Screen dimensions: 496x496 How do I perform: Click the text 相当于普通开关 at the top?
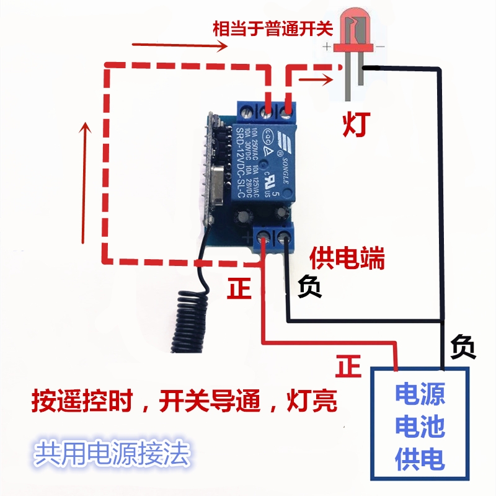coord(273,29)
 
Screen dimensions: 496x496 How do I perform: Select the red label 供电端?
coord(347,258)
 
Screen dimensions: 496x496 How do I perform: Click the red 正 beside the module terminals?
coord(240,288)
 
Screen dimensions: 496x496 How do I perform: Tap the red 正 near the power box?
coord(348,367)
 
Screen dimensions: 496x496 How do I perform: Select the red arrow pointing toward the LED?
coord(315,79)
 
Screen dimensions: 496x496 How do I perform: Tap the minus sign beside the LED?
coord(380,46)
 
